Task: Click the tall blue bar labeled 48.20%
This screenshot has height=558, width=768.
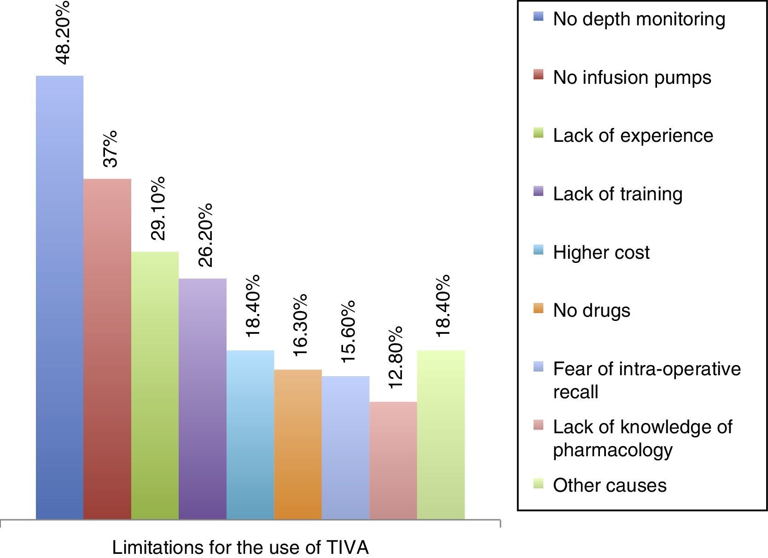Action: coord(59,297)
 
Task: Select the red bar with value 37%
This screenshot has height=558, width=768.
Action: coord(107,349)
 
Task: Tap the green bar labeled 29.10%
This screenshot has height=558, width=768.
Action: coord(155,385)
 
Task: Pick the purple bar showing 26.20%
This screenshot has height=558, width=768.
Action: coord(203,399)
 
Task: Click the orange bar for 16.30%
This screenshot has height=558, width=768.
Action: coord(298,444)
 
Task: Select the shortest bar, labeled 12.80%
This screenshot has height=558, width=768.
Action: coord(393,460)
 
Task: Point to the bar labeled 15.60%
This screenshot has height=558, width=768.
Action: coord(345,448)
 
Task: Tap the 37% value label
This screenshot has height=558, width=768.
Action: coord(110,149)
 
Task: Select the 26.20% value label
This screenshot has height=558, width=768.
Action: coord(205,235)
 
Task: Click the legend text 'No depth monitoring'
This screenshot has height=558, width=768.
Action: coord(639,19)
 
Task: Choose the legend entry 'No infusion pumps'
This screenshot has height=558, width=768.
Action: coord(632,77)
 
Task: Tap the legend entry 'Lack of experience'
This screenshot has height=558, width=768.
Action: coord(633,135)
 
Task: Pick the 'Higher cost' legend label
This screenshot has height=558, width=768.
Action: coord(601,252)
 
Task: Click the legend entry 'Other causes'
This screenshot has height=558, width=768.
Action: coord(609,485)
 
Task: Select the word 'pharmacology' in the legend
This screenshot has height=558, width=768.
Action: coord(612,450)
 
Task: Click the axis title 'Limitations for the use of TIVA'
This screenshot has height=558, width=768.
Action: coord(240,548)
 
